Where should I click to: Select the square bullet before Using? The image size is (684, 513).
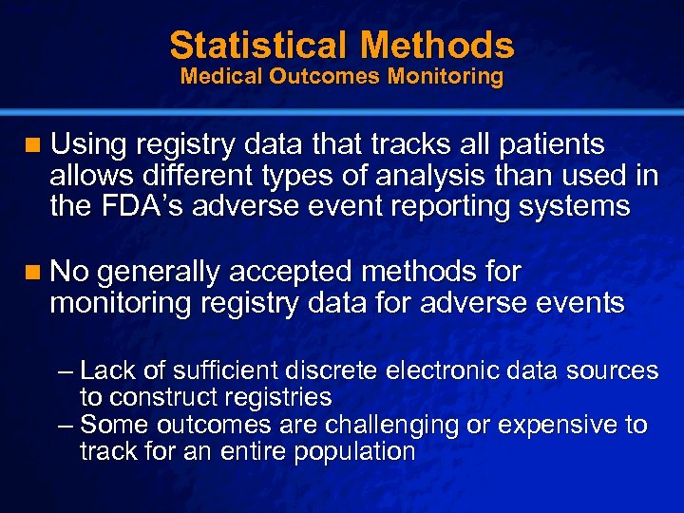pyautogui.click(x=34, y=145)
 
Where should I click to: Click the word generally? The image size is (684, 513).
pyautogui.click(x=156, y=273)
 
